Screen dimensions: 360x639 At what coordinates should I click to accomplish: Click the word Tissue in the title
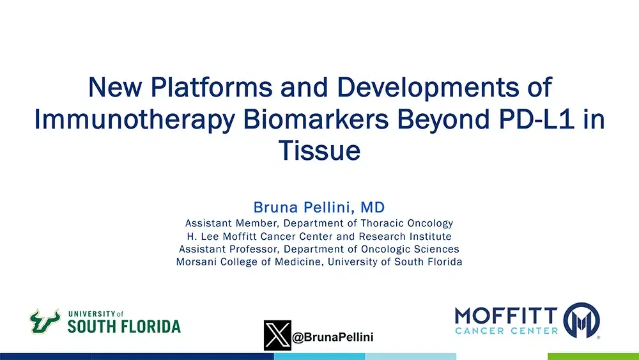(319, 152)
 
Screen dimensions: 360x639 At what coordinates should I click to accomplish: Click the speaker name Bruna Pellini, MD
(319, 207)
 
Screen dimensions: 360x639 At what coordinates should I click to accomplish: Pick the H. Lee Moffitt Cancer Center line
(319, 237)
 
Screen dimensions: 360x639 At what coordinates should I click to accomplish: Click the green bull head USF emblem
(44, 321)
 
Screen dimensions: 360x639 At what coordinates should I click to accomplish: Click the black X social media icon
(277, 335)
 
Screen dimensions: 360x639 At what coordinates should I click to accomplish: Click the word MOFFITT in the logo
(506, 315)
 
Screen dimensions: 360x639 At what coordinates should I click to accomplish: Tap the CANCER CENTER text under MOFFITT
(506, 331)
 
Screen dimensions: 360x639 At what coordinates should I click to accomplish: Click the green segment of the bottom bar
(593, 356)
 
